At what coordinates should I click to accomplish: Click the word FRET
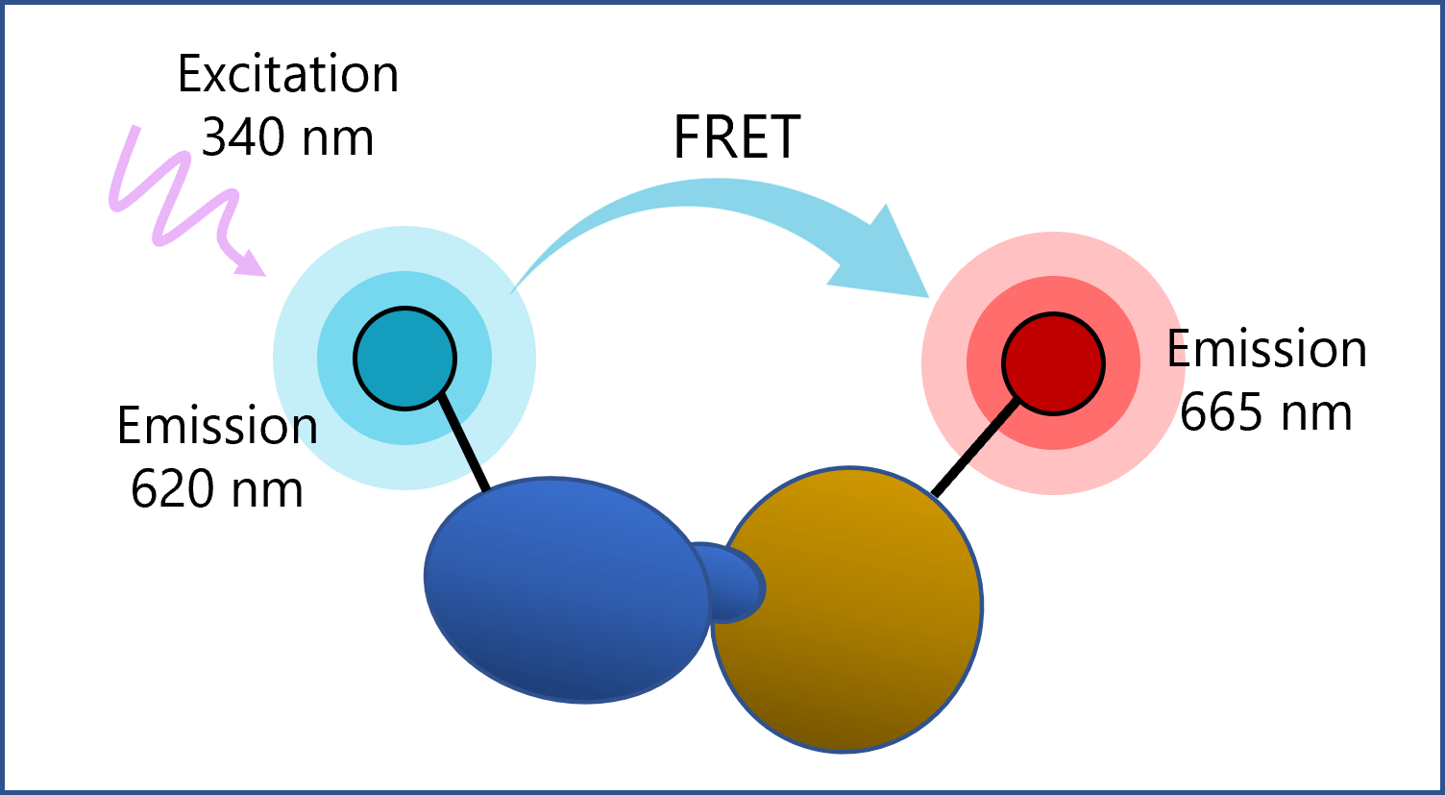coord(736,138)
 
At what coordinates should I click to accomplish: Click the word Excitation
coord(288,75)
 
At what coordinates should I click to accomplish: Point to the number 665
coord(1220,413)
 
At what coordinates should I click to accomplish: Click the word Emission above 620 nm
coord(217,426)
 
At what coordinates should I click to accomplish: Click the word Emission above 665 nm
coord(1266,349)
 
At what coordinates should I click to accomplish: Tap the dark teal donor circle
coord(404,358)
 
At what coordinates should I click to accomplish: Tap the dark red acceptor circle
coord(1053,363)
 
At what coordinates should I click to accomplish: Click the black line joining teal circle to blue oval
coord(464,444)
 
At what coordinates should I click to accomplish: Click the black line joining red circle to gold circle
coord(974,449)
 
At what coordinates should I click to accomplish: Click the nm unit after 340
coord(337,138)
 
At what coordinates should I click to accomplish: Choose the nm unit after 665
coord(1315,413)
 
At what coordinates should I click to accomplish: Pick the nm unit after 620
coord(266,489)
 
